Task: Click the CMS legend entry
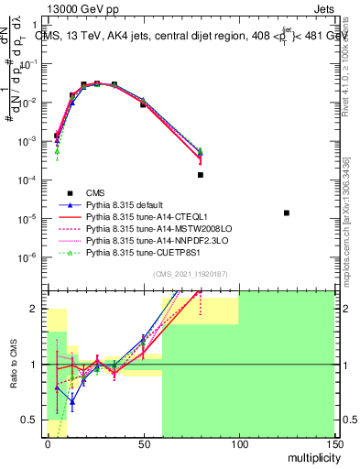tap(96, 192)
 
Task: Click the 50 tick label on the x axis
tap(143, 444)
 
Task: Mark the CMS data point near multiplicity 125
tap(287, 213)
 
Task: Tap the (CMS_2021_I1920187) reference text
tap(191, 275)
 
